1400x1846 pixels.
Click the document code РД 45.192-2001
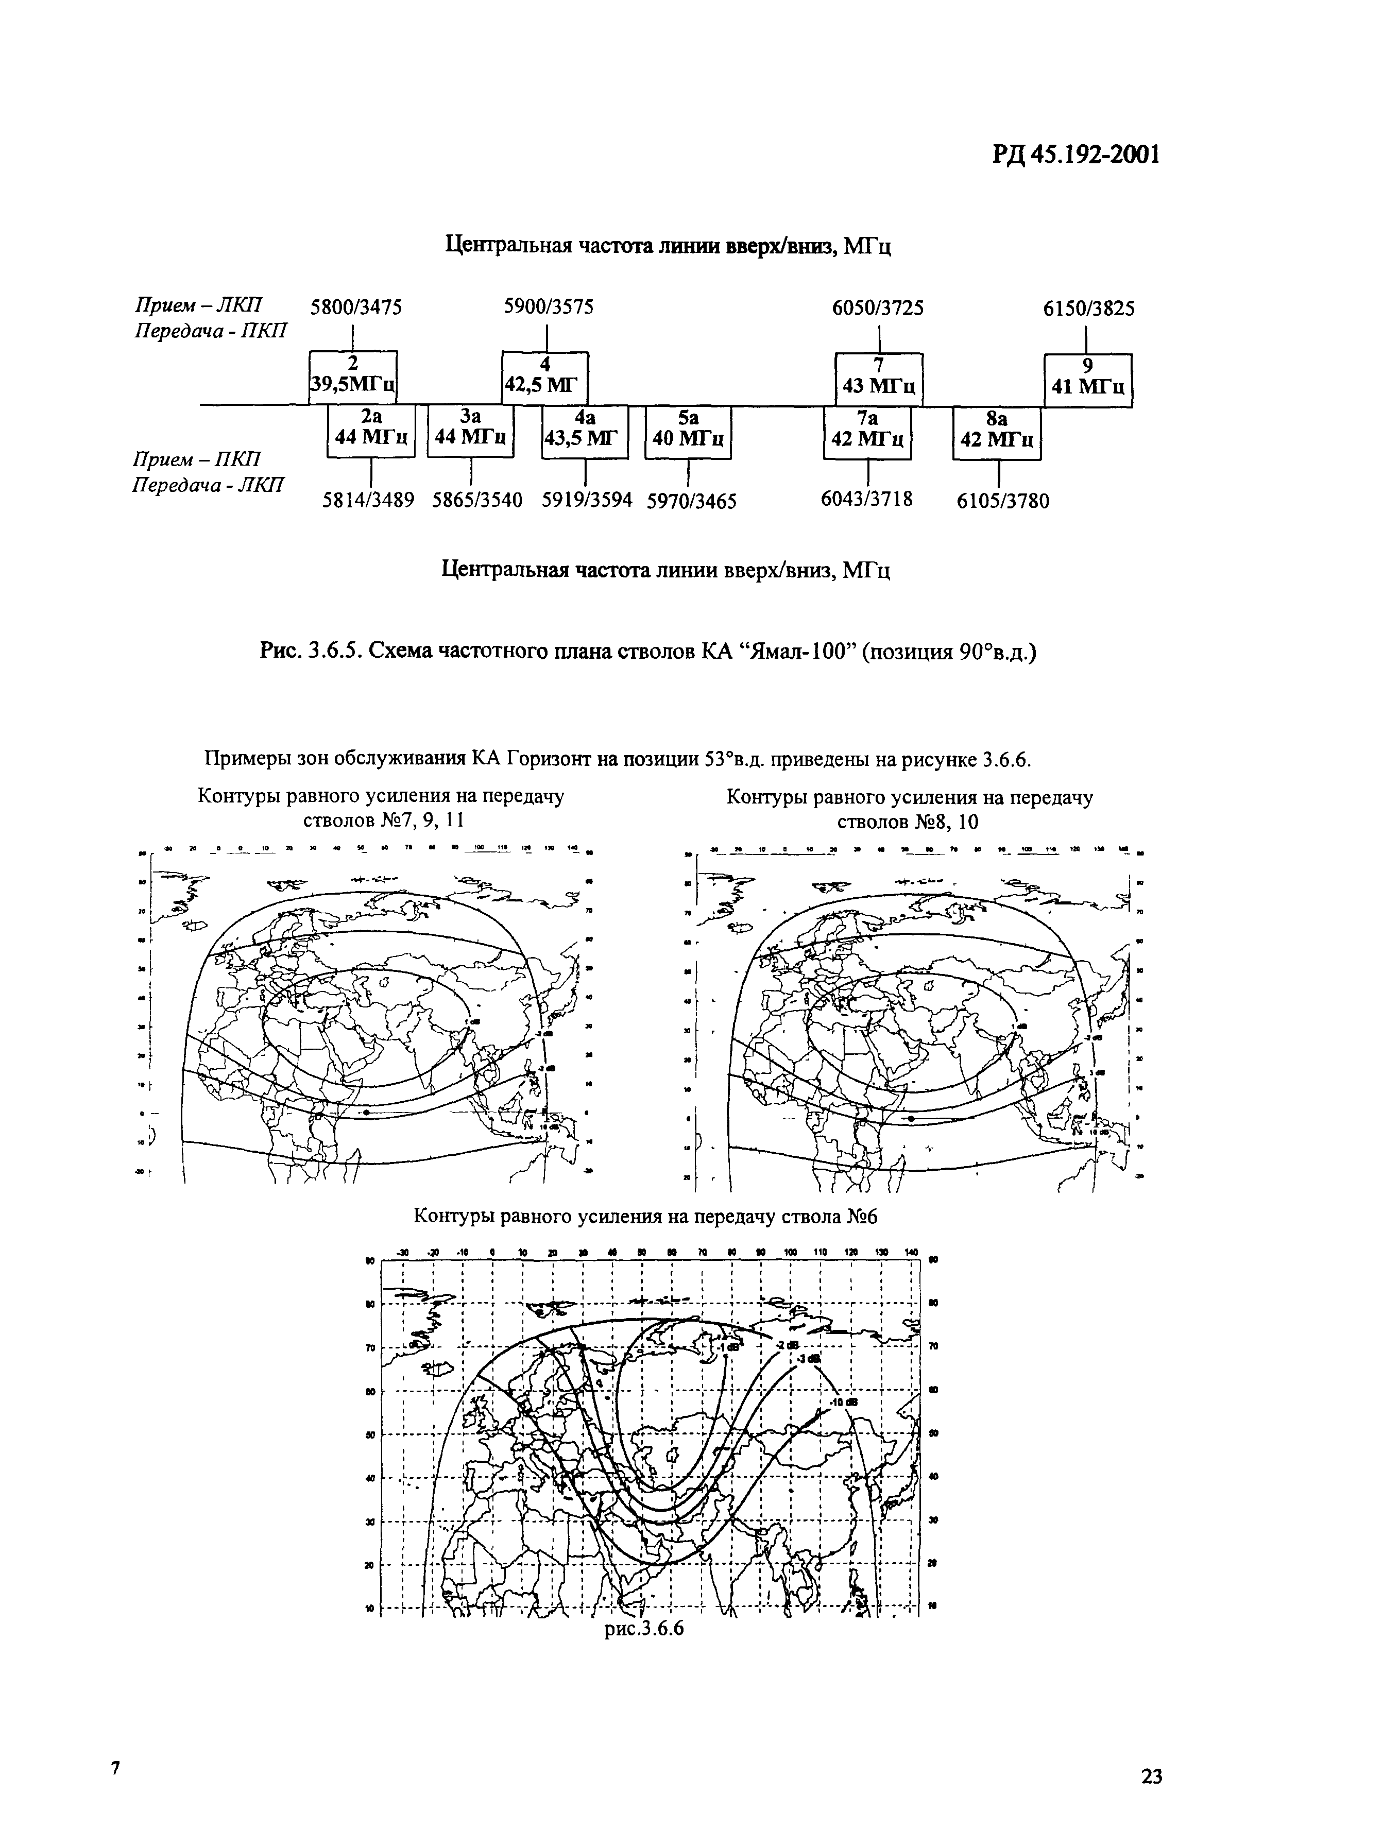coord(1077,155)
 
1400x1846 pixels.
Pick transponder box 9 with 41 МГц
coord(1088,380)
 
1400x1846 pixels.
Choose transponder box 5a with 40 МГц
coord(688,432)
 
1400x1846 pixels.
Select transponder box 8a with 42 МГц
coord(997,432)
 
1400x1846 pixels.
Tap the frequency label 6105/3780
coord(1002,501)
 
